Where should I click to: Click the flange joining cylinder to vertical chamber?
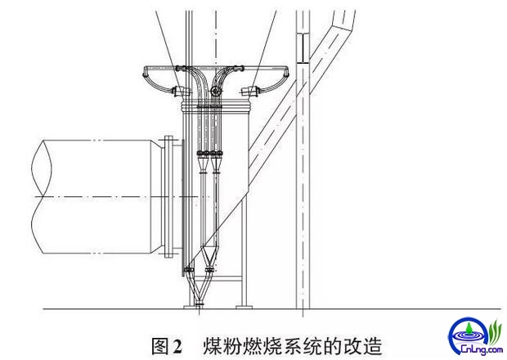point(169,200)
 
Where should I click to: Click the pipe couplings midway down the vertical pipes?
point(209,153)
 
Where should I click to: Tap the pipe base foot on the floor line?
point(199,306)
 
